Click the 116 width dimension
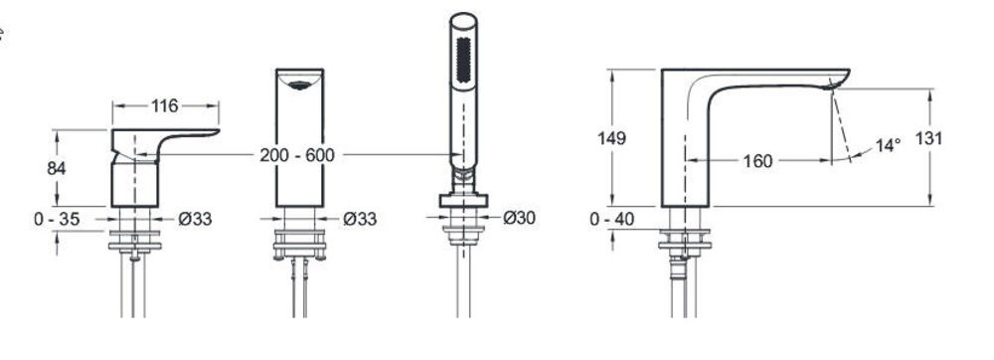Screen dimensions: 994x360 pos(165,105)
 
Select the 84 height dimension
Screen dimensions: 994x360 pos(57,168)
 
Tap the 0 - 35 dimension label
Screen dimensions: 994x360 pos(57,220)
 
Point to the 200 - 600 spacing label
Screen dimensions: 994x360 pos(296,155)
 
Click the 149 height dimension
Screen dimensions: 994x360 pos(611,138)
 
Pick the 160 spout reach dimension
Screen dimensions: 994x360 pos(757,161)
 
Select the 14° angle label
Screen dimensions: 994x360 pos(888,145)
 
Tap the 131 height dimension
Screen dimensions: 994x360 pos(928,138)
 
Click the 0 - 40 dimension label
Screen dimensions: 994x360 pos(611,220)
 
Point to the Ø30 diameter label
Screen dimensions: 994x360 pos(519,218)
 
